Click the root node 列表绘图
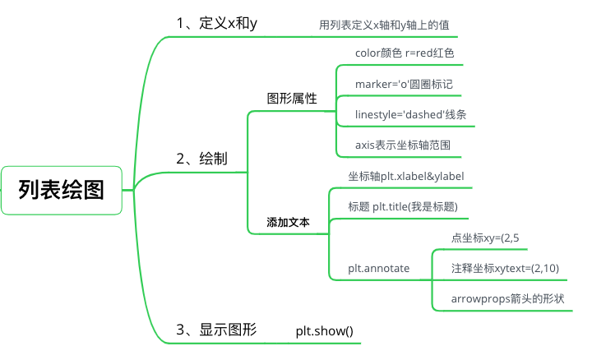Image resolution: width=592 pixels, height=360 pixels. tap(62, 191)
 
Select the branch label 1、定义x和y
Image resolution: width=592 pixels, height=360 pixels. tap(217, 23)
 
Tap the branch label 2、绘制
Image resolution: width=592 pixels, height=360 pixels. tap(202, 159)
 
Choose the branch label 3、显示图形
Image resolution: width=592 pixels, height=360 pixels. tap(216, 330)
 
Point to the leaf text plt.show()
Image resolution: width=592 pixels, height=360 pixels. tap(324, 331)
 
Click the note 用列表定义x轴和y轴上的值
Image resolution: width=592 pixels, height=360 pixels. tap(384, 25)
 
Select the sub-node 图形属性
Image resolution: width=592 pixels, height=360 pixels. tap(292, 98)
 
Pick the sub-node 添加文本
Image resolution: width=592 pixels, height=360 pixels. tap(288, 222)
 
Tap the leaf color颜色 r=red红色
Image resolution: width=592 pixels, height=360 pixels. tap(405, 53)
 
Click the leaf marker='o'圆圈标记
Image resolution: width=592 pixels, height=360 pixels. tap(404, 85)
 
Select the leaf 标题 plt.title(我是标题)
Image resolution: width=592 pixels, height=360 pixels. tap(403, 206)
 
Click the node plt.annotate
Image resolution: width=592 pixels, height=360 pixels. tap(379, 268)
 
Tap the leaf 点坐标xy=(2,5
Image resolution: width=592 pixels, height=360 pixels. tap(484, 238)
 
